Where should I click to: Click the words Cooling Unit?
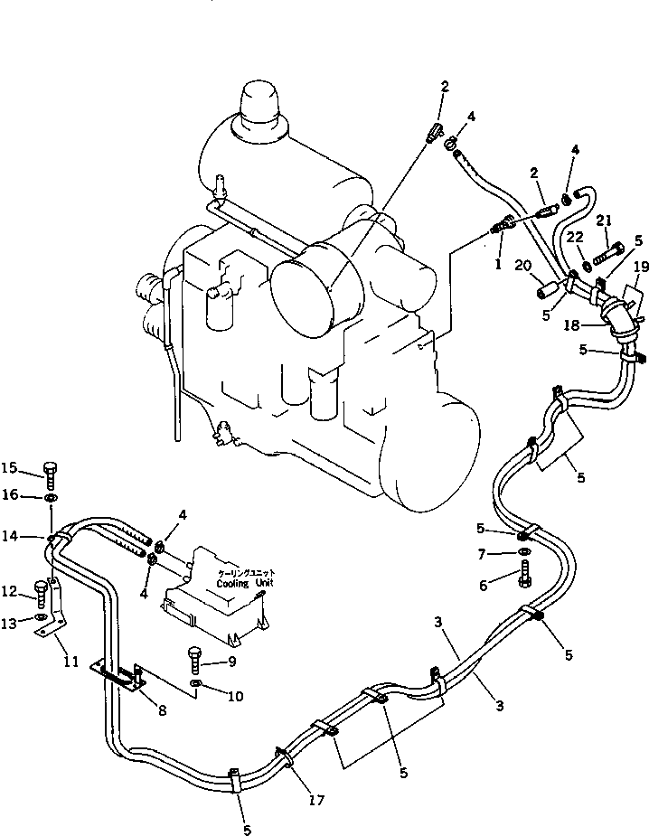point(245,583)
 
